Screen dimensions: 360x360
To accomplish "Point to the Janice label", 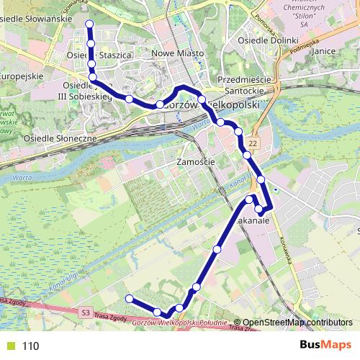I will coord(326,52).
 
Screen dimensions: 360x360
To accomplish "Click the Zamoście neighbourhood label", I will coord(195,163).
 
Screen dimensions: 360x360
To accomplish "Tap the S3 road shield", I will coord(86,312).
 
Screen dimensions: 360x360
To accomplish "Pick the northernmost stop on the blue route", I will coord(90,24).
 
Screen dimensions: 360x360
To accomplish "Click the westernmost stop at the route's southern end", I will coord(129,299).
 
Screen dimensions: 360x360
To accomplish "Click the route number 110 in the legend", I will coord(30,346).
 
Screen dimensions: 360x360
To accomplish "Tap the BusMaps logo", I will coord(325,346).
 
